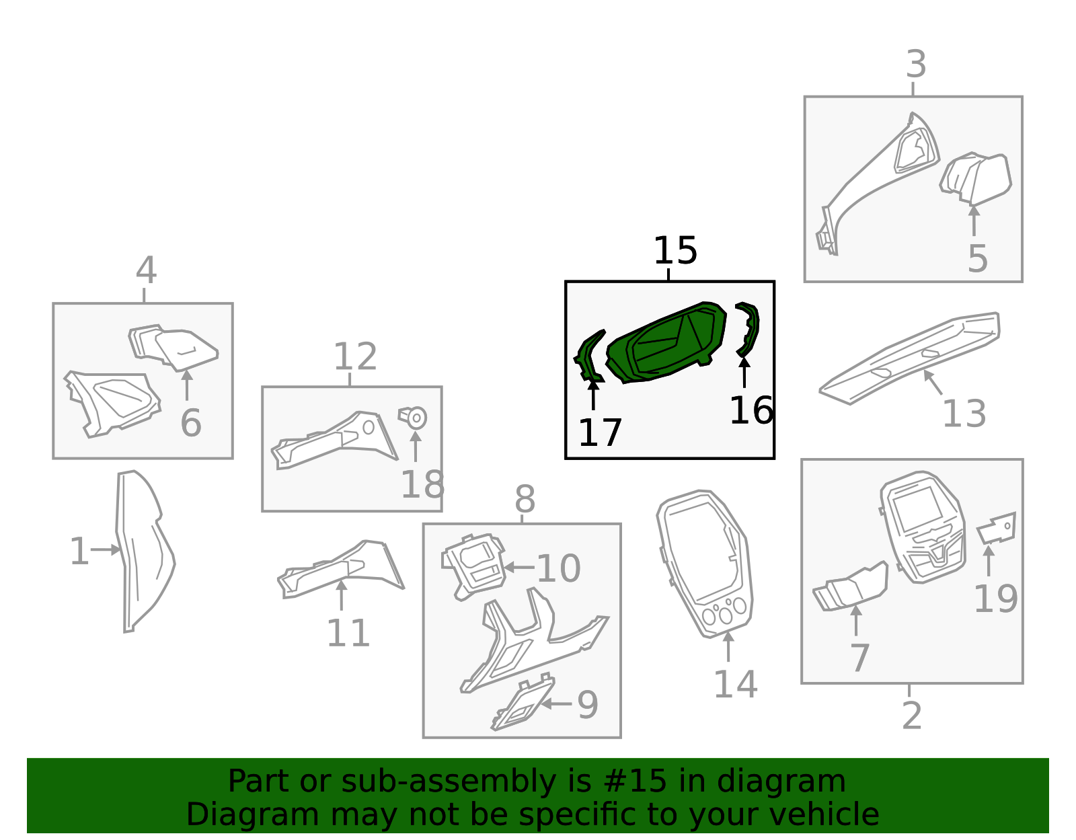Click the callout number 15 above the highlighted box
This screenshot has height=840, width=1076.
tap(675, 250)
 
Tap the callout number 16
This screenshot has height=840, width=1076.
tap(751, 410)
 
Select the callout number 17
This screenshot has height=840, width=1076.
tap(600, 432)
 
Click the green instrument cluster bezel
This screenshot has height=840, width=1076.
tap(666, 342)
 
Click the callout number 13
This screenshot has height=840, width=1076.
tap(964, 414)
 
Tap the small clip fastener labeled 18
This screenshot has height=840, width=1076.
tap(413, 418)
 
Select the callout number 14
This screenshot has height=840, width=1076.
tap(735, 685)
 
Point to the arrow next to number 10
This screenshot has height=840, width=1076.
tap(519, 567)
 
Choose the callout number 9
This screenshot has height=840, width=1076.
tap(588, 704)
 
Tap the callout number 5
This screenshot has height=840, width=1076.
tap(977, 259)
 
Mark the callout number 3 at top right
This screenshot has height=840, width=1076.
tap(916, 65)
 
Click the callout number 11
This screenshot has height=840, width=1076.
tap(348, 633)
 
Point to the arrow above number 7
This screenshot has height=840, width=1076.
tap(856, 621)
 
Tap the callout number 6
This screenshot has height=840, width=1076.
tap(191, 423)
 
